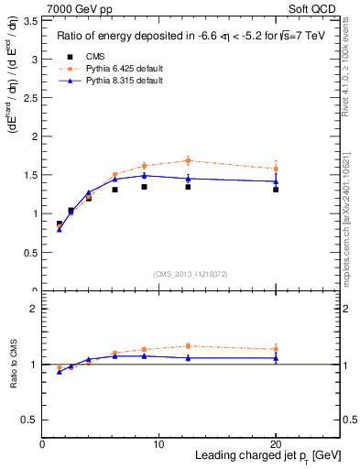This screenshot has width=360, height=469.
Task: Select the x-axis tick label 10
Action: pos(159,444)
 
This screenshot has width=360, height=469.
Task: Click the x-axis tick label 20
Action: pos(276,444)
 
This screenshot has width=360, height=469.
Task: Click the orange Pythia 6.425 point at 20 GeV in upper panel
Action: pos(276,169)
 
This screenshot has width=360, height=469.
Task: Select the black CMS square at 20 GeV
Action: pos(276,190)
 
